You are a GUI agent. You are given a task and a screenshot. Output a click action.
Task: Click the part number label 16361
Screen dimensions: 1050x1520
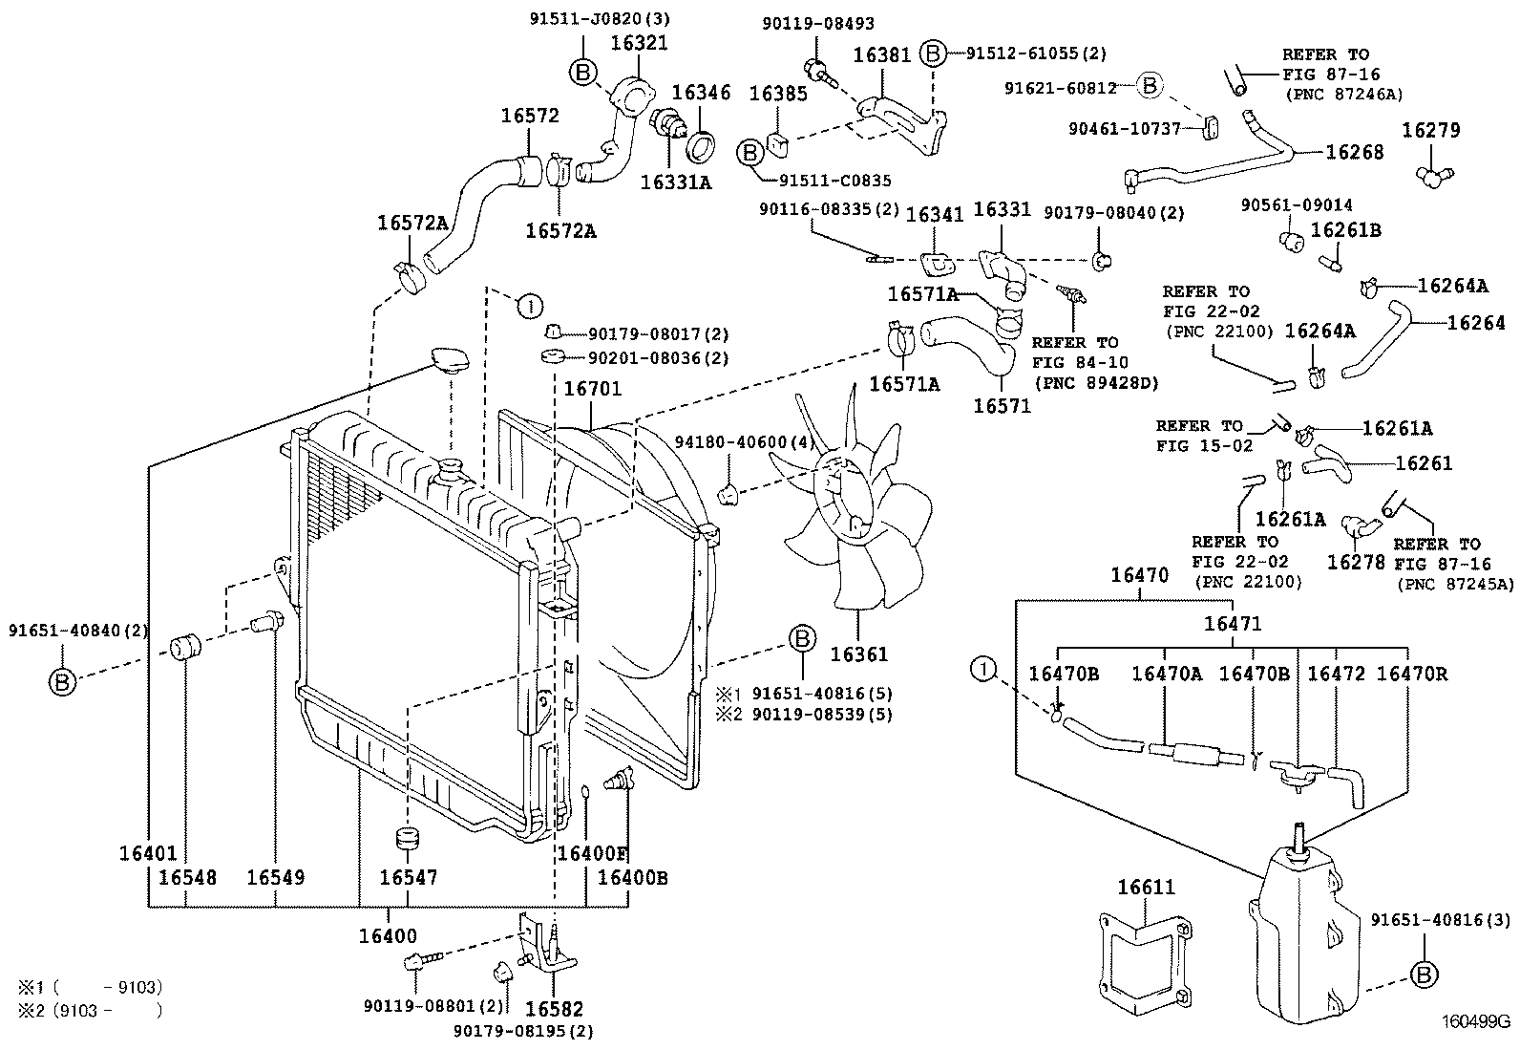(x=858, y=654)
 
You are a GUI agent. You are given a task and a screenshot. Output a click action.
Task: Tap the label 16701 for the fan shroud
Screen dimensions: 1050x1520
(x=592, y=389)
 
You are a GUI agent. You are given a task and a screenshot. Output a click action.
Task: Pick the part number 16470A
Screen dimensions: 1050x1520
(x=1166, y=674)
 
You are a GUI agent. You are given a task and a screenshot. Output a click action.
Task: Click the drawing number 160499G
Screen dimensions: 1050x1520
(x=1475, y=1020)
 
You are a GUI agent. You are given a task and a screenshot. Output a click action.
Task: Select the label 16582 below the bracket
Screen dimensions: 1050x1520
(x=555, y=1009)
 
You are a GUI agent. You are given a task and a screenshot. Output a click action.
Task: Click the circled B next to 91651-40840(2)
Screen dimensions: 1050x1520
(x=62, y=681)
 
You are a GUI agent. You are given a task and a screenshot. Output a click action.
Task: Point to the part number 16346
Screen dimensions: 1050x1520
(x=701, y=93)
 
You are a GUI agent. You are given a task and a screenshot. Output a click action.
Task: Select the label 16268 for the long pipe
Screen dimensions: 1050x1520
(x=1353, y=152)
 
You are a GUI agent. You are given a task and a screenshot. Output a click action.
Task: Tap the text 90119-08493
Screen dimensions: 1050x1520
(x=817, y=24)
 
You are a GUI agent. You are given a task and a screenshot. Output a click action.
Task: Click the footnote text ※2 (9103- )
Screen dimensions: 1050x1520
(x=91, y=1009)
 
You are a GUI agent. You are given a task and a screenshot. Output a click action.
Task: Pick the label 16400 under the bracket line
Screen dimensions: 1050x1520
(x=388, y=936)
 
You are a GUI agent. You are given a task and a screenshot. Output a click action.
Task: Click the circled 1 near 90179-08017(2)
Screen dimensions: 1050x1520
(x=528, y=306)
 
